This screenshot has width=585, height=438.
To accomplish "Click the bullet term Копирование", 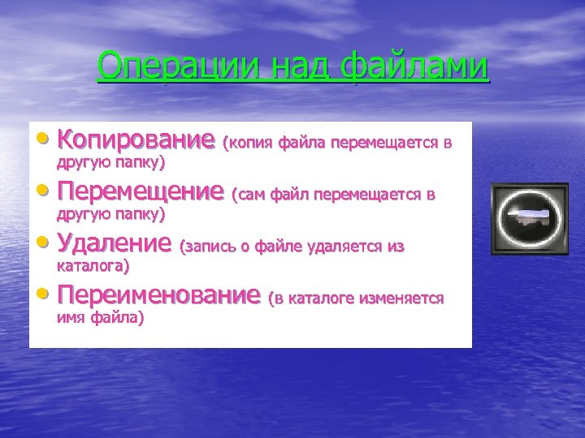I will tap(135, 141).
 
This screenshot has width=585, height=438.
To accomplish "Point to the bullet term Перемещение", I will tap(140, 192).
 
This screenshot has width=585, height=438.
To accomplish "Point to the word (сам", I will tap(249, 195).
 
